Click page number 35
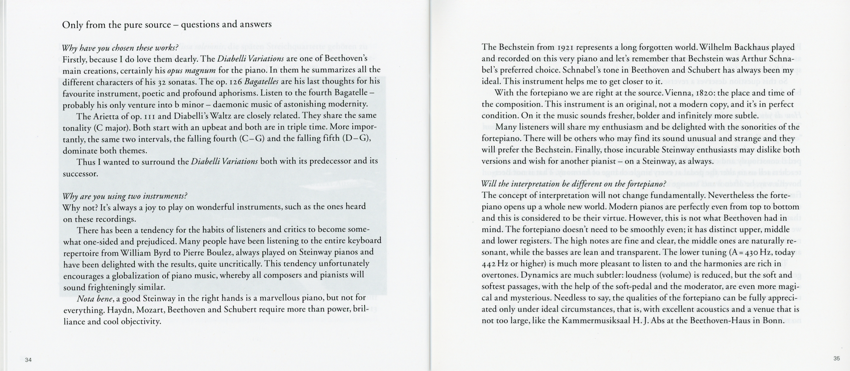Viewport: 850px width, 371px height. point(836,358)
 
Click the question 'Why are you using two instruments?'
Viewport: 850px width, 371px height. point(125,196)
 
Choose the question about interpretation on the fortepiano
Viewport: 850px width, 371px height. point(574,184)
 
